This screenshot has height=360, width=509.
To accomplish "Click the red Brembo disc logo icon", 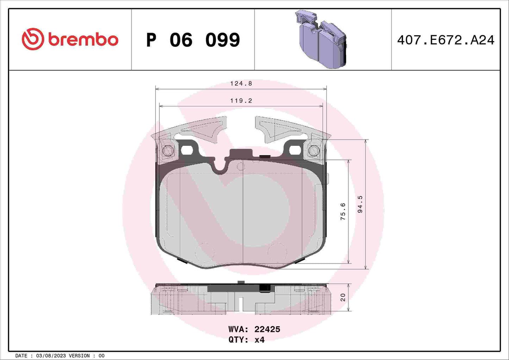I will tap(33, 39).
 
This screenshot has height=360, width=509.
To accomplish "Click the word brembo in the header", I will tap(83, 40).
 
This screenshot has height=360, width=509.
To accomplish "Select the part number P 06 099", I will tap(193, 40).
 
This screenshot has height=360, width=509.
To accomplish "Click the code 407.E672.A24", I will tap(446, 40).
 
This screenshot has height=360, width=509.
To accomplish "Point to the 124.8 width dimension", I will tap(241, 83).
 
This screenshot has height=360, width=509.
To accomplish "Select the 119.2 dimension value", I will tap(241, 101).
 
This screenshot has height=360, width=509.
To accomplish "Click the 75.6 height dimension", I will tap(343, 211).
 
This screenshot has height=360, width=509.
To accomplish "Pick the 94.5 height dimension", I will tap(360, 204).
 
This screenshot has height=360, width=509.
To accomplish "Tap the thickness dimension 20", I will tap(343, 297).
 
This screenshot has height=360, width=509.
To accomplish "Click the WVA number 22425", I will tap(267, 329).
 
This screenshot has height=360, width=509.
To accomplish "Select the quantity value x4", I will tap(259, 340).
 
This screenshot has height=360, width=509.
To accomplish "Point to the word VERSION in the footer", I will tap(79, 356).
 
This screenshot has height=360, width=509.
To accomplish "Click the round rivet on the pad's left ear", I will tap(168, 151).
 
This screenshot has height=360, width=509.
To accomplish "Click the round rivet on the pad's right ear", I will tap(314, 151).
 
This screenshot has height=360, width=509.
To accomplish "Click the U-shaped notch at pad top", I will tap(221, 168).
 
